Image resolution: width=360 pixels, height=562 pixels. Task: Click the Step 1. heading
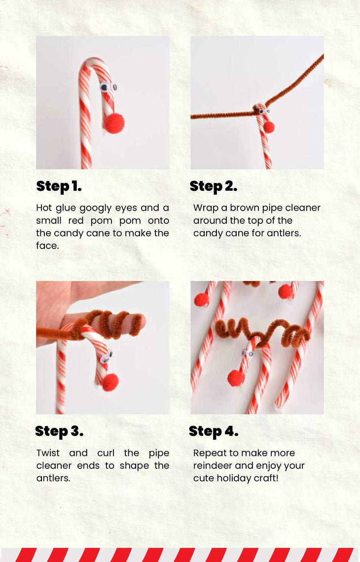click(59, 186)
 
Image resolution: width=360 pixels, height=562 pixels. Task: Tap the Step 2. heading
click(214, 186)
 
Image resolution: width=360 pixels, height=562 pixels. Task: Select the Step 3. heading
click(59, 431)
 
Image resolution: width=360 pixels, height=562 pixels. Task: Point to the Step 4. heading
click(214, 431)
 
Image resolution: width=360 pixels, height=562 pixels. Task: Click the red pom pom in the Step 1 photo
click(114, 123)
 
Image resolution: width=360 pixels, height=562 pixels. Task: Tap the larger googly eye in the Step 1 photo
click(105, 86)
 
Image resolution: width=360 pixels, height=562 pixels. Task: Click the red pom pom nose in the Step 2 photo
click(269, 127)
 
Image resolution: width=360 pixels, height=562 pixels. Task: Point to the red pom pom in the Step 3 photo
click(110, 383)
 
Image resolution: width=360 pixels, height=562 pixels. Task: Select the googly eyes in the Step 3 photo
click(107, 357)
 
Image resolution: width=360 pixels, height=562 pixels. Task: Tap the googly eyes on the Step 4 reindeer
click(248, 353)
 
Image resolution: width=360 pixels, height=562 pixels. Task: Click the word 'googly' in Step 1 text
click(96, 208)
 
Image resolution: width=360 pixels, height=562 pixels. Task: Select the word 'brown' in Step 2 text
click(245, 208)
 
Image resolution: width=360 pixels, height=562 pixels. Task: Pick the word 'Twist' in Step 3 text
click(48, 453)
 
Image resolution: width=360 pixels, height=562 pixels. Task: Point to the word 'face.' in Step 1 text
click(47, 246)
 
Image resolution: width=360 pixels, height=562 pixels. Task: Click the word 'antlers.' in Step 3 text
click(53, 478)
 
